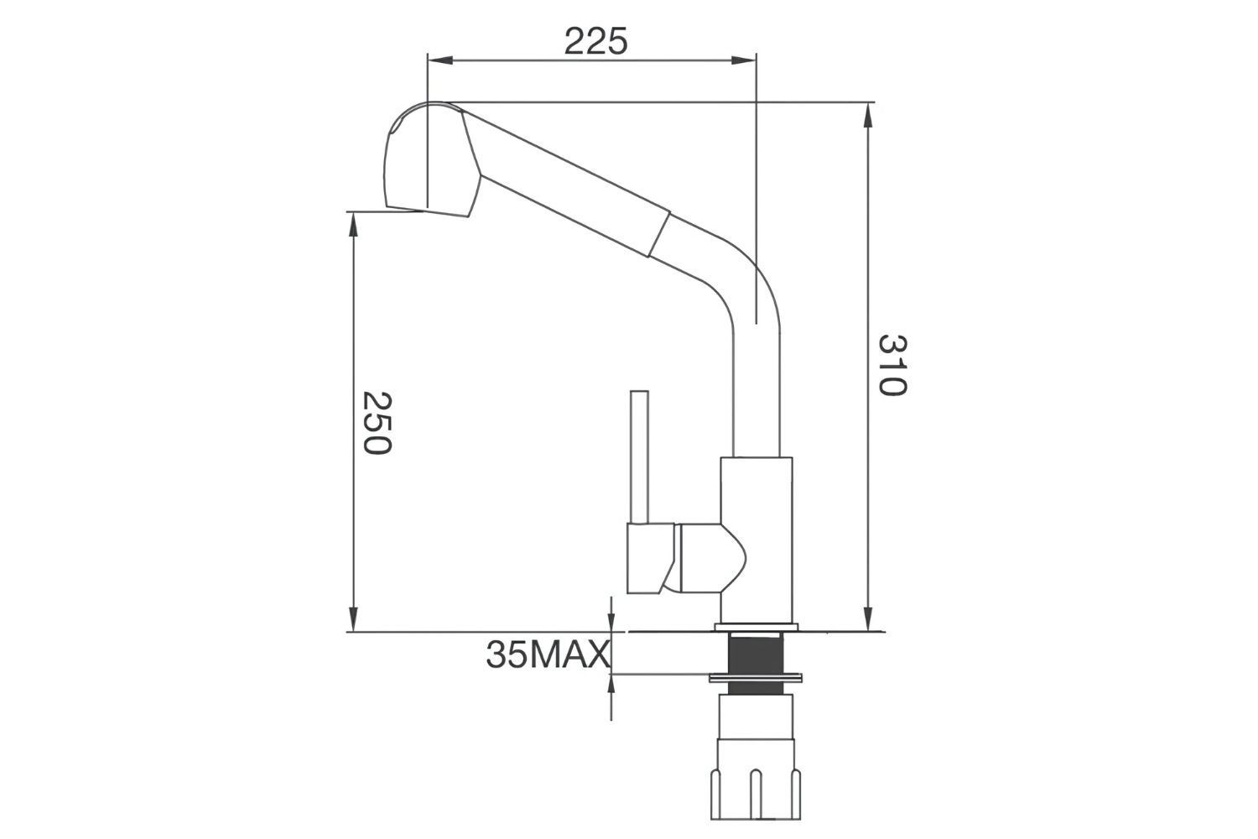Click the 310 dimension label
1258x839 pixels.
(x=892, y=365)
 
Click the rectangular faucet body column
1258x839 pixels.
(x=756, y=537)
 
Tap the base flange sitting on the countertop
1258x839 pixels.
(x=756, y=627)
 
